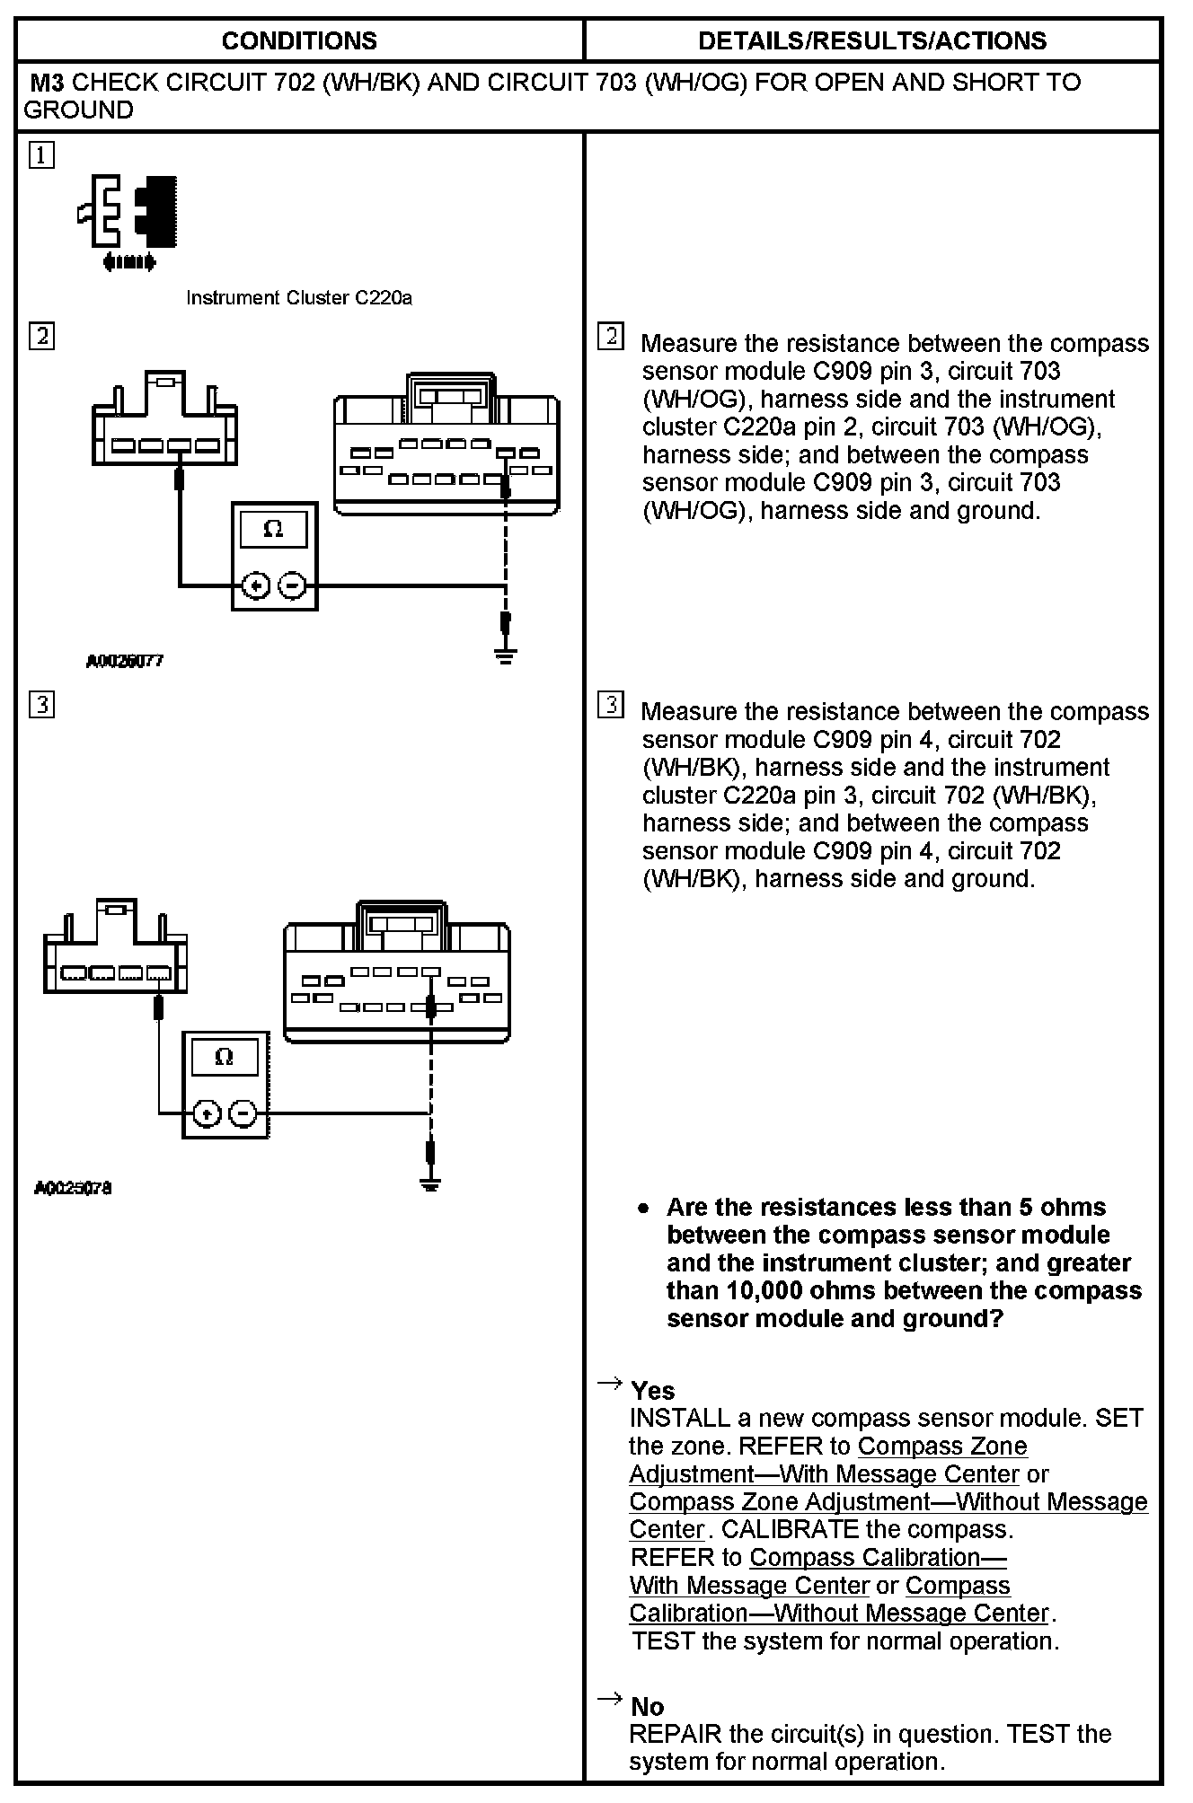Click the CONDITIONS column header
pos(299,40)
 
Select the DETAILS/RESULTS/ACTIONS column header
pos(871,40)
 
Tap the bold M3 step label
pos(47,83)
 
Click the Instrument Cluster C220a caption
pos(298,298)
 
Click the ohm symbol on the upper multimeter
pos(274,530)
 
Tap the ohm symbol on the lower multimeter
pos(225,1057)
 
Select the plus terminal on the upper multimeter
pos(256,586)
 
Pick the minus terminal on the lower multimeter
pos(243,1114)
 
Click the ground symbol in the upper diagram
pos(505,655)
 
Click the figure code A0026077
pos(125,662)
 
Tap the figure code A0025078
pos(74,1188)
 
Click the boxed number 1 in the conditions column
pos(41,155)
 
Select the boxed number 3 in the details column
pos(610,705)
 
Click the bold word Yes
pos(652,1391)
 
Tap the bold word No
pos(647,1707)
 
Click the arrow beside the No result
pos(610,1698)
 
